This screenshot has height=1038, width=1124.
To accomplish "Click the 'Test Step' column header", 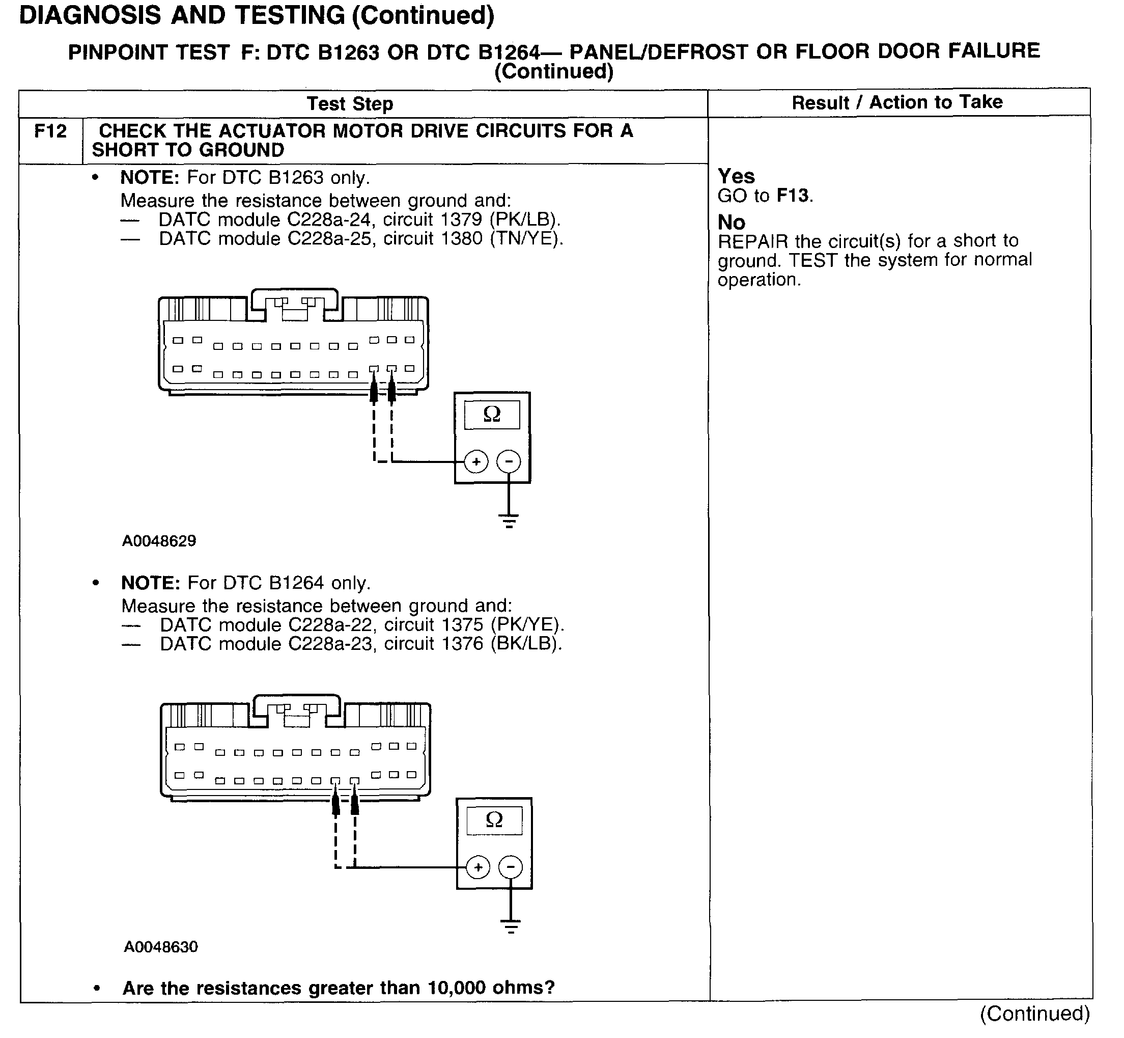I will tap(350, 104).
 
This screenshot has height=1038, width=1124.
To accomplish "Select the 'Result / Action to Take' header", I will tap(896, 102).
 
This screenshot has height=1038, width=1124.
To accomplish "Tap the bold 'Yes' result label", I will tap(736, 176).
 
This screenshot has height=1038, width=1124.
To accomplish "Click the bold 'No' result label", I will tap(731, 223).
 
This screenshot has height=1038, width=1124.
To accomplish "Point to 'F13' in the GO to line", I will tap(792, 196).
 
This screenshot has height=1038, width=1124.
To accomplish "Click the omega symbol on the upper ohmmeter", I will tap(492, 415).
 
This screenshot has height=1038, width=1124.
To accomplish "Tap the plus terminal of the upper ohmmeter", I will tap(476, 462).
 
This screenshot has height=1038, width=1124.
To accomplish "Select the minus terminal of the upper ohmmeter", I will tap(509, 462).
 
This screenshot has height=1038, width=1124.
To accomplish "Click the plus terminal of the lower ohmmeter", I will tap(478, 867).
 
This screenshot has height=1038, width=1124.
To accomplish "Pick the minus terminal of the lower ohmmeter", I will tap(511, 867).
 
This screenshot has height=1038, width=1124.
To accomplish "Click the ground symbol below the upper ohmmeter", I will tap(509, 521).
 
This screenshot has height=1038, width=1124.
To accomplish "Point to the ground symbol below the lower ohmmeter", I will tap(511, 926).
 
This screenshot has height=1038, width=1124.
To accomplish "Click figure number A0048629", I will tap(159, 541).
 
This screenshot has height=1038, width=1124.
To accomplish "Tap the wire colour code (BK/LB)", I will tap(525, 644).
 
